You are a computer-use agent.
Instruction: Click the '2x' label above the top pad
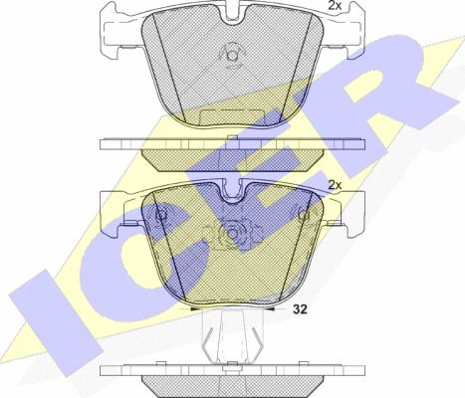(x=337, y=7)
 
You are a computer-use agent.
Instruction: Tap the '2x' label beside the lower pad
(x=337, y=186)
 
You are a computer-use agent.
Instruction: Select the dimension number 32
(x=300, y=309)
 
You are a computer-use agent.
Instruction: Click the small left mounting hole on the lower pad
(x=161, y=213)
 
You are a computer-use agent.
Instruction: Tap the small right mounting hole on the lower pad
(x=301, y=213)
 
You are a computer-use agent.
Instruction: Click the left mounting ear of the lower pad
(x=119, y=211)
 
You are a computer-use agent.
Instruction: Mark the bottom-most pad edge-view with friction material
(x=232, y=383)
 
